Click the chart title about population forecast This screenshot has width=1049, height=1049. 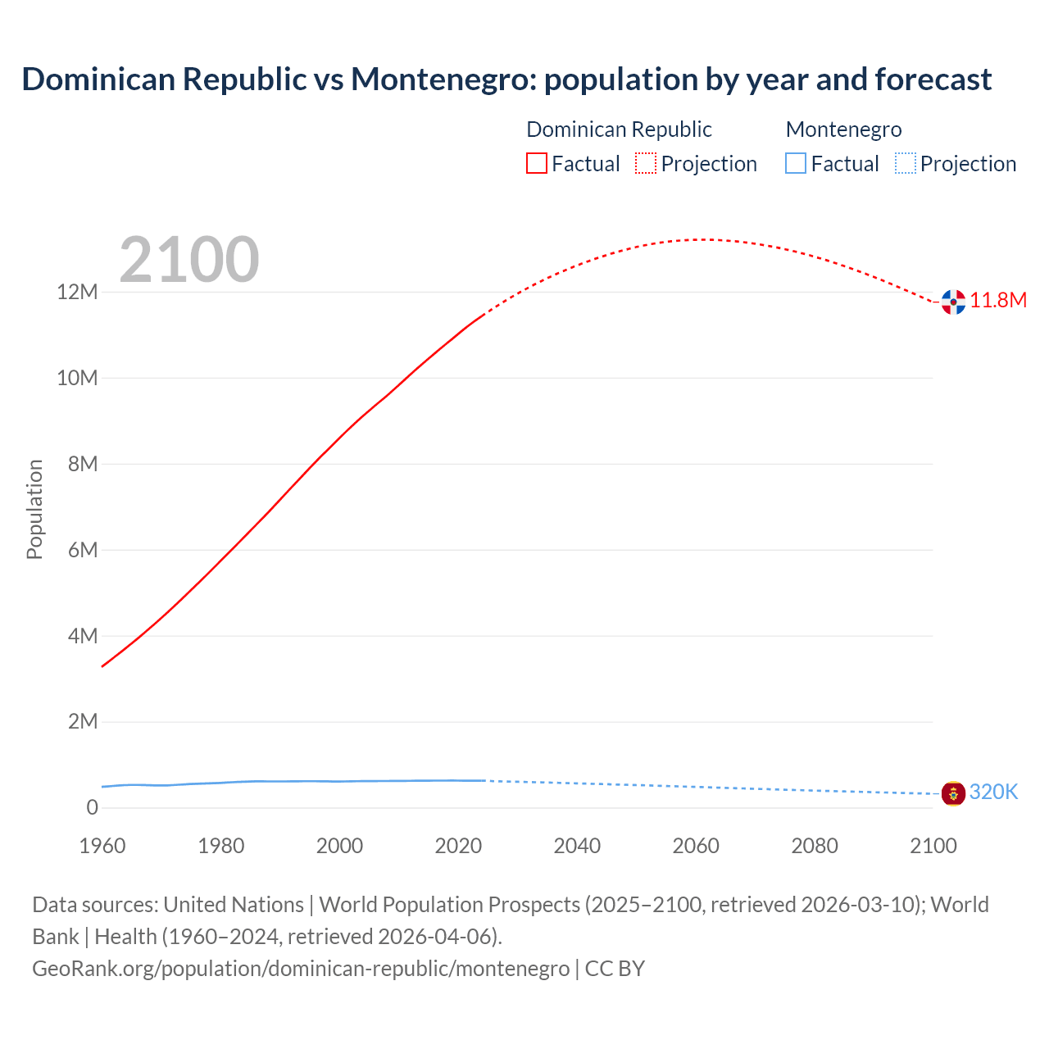click(506, 79)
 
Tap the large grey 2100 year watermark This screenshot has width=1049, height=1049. click(189, 260)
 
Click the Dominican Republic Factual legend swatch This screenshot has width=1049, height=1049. click(537, 164)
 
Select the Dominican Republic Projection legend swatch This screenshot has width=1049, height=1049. click(646, 164)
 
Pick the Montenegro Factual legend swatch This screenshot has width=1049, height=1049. click(796, 164)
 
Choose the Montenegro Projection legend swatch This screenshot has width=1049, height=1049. click(906, 164)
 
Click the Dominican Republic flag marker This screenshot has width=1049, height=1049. click(953, 302)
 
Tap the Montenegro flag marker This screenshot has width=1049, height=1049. click(953, 793)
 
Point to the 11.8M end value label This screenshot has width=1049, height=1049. click(998, 301)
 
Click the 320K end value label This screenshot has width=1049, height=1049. click(993, 792)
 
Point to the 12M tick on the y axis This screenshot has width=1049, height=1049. click(77, 293)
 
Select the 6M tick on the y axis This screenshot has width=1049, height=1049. click(82, 550)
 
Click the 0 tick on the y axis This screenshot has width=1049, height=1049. click(92, 808)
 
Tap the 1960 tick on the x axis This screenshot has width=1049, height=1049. click(102, 846)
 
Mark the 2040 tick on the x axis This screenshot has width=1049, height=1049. click(577, 846)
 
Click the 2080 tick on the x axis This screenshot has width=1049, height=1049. click(815, 846)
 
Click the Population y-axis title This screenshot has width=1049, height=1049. click(34, 509)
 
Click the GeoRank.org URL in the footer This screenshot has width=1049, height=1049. click(301, 969)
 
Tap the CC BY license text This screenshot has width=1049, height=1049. click(615, 969)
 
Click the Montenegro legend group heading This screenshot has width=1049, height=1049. click(843, 129)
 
